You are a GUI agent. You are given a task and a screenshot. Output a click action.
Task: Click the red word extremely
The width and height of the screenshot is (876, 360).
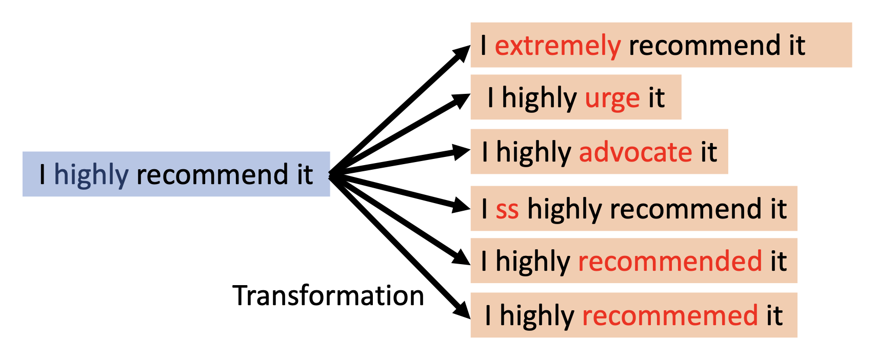pos(558,46)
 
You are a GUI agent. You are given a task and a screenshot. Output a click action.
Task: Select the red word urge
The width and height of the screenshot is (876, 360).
pos(612,98)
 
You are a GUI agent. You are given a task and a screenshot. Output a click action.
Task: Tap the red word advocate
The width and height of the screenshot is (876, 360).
pos(635,153)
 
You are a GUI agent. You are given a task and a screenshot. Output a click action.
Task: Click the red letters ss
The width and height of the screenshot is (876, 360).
pos(507,210)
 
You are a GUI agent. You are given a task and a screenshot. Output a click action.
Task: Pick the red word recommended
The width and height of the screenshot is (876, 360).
pos(670,262)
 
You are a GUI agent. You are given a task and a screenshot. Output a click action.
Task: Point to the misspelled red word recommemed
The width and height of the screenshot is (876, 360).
pos(670,316)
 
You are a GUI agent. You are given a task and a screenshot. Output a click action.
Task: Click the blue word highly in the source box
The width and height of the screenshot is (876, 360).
pos(91,175)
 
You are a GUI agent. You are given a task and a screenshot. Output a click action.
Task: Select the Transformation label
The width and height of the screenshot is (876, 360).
pos(328,296)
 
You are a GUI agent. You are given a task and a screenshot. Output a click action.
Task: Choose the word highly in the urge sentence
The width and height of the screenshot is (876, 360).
pos(539,98)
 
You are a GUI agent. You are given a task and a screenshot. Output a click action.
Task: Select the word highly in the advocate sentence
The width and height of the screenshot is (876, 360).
pos(533,153)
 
